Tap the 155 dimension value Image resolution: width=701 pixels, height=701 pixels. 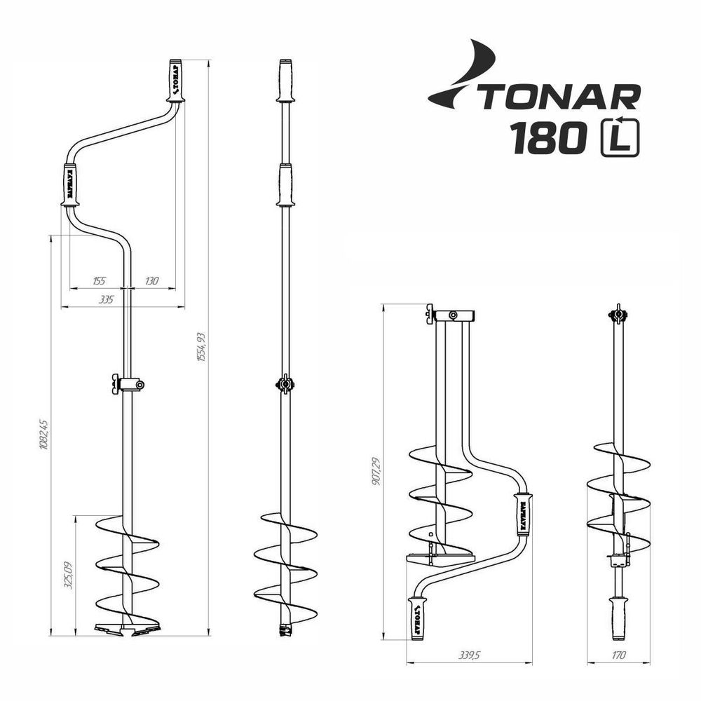pos(99,280)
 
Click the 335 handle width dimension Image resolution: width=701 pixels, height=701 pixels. pos(107,299)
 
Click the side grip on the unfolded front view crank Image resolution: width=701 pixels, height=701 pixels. pos(71,185)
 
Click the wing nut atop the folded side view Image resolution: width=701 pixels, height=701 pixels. pos(618,314)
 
